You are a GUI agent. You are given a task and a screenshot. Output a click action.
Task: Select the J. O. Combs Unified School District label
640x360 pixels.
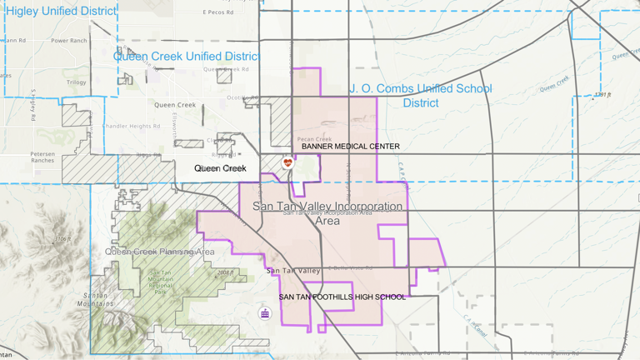[x=420, y=95]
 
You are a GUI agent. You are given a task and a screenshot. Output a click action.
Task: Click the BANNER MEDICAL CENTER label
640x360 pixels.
[x=350, y=147]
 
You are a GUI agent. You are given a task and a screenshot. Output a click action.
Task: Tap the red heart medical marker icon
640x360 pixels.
[x=288, y=162]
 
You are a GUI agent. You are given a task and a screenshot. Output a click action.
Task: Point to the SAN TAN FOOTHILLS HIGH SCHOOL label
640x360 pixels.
[x=342, y=297]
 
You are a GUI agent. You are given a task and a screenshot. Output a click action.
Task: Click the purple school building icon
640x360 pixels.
[x=265, y=313]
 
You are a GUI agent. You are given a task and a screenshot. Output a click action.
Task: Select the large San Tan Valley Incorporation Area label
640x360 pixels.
[x=327, y=212]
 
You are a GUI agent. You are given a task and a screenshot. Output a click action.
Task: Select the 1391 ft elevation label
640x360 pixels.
[x=602, y=95]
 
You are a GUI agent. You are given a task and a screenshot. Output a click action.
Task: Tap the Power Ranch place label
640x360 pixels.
[x=68, y=41]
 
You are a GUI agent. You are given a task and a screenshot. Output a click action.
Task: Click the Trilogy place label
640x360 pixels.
[x=76, y=82]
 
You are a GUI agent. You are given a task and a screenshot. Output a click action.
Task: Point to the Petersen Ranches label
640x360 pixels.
[x=42, y=157]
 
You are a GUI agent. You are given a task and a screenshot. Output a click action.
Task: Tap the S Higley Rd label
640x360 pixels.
[x=32, y=101]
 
